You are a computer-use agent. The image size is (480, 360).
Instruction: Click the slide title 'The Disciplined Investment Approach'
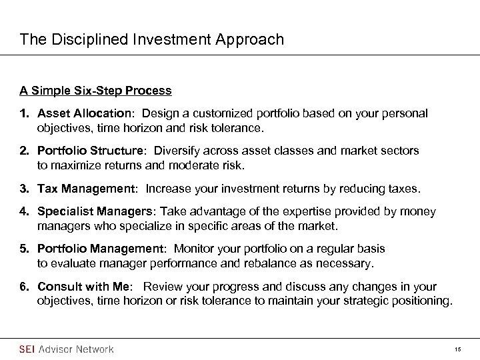[x=152, y=40]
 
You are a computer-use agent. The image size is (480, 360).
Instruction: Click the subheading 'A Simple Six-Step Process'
[x=95, y=91]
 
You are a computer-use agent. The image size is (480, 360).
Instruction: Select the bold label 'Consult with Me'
[x=83, y=287]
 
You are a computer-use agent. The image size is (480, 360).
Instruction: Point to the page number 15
[x=457, y=349]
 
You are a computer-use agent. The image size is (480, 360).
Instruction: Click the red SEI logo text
[x=27, y=349]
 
